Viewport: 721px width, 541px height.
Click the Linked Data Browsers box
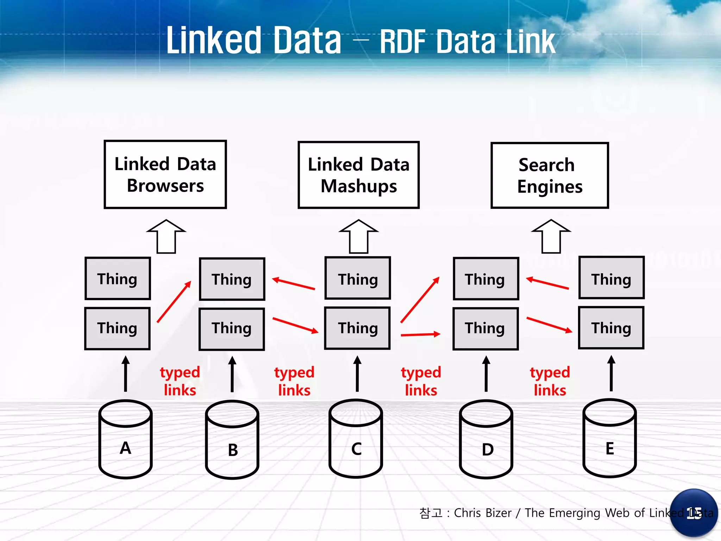pos(165,175)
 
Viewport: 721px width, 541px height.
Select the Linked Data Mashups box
pos(358,175)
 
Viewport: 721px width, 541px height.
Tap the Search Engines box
pos(550,175)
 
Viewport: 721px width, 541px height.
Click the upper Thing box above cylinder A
pos(118,279)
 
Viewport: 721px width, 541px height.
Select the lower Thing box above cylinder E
pos(611,328)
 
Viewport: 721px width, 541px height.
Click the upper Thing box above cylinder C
pos(358,278)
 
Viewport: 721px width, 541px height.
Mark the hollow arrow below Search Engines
pos(551,236)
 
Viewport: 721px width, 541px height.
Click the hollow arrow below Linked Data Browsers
pos(166,236)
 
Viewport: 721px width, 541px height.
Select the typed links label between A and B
pos(180,381)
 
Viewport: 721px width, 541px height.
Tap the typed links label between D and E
pos(550,381)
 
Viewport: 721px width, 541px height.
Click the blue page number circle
pos(694,513)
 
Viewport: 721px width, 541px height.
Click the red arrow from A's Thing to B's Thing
pos(174,301)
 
